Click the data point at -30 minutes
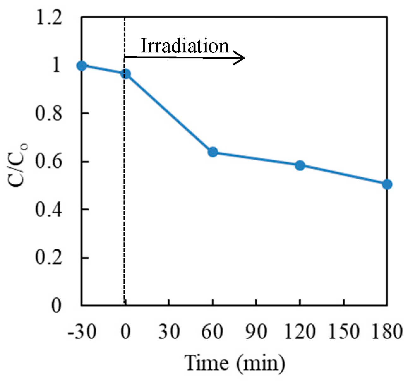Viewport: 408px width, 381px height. coord(82,66)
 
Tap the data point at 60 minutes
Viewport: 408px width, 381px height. coord(213,152)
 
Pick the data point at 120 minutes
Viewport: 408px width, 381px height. coord(300,165)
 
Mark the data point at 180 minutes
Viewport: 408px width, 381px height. coord(387,184)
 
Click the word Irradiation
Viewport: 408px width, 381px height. coord(184,46)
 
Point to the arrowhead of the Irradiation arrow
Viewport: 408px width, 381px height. coord(242,58)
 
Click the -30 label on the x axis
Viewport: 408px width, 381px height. coord(82,332)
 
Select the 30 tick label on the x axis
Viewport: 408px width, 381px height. coord(169,332)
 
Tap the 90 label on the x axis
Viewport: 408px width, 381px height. coord(256,332)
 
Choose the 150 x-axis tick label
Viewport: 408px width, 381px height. coord(344,332)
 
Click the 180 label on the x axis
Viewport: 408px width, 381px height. coord(387,332)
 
